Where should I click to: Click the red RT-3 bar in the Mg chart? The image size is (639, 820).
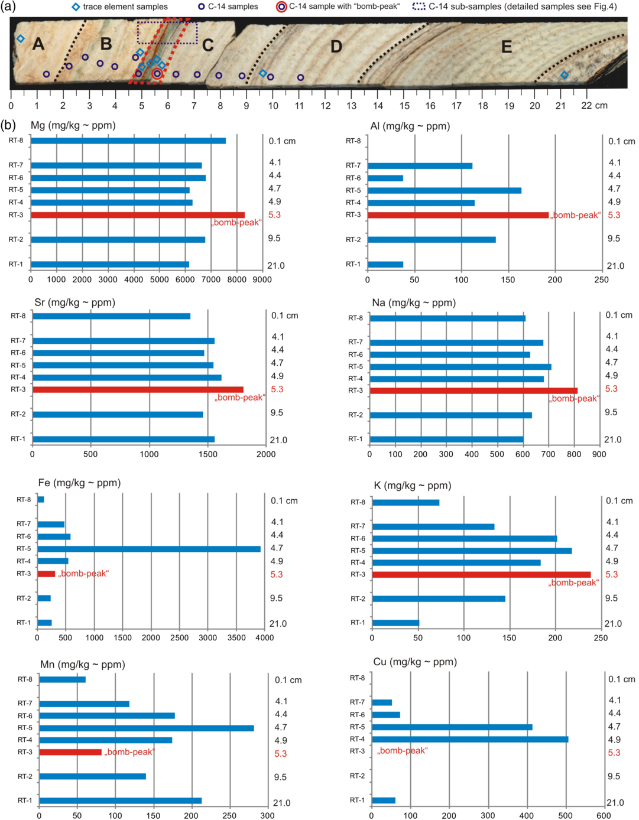(137, 215)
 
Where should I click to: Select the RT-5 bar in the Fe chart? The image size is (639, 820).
(149, 549)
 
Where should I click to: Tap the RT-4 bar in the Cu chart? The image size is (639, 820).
(470, 739)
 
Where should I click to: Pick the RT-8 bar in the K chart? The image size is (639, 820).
(406, 502)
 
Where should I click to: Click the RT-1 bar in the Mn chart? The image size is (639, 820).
(120, 801)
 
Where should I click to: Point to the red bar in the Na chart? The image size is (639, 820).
(473, 391)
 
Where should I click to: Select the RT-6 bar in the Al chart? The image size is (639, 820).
(385, 178)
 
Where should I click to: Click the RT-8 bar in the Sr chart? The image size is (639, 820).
(111, 316)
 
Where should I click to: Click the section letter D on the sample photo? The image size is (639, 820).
(336, 46)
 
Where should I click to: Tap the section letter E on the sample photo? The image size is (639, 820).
(506, 47)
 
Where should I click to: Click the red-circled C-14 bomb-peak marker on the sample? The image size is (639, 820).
(157, 74)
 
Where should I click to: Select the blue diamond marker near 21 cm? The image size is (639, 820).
(564, 75)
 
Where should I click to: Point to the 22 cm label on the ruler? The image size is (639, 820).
(594, 106)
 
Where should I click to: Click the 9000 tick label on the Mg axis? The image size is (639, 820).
(262, 279)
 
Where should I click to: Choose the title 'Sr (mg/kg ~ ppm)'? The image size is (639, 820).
(74, 302)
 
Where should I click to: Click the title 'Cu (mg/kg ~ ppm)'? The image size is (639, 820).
(415, 662)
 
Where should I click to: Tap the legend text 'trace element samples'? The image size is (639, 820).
(125, 6)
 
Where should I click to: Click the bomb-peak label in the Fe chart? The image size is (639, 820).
(83, 574)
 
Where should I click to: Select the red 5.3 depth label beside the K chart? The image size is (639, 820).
(611, 574)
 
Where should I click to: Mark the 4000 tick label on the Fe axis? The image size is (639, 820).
(264, 637)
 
